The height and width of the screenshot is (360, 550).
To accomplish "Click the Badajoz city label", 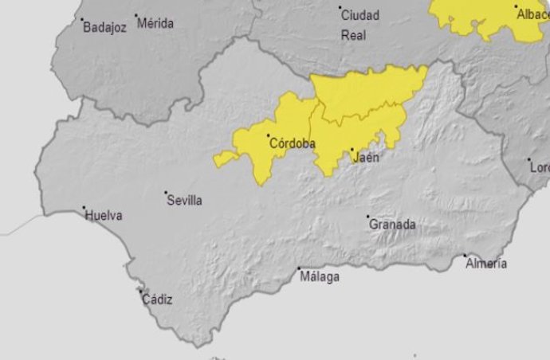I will click(105, 27).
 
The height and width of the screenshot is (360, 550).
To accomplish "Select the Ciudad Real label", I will click(360, 25).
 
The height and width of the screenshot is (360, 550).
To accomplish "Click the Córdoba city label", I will click(293, 144).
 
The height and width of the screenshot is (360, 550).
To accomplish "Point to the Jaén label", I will click(366, 158).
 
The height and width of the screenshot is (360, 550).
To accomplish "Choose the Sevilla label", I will click(184, 201).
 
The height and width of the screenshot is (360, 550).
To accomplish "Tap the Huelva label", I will click(104, 215).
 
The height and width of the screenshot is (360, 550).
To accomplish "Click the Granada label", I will click(392, 225).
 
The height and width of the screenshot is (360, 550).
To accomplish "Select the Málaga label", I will click(320, 277).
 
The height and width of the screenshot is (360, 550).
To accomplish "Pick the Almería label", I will click(486, 264).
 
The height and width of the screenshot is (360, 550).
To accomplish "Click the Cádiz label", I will click(156, 300).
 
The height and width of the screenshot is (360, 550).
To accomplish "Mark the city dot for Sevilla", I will click(166, 193).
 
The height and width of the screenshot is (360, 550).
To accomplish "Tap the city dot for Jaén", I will click(352, 149).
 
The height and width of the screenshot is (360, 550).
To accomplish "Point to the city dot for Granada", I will click(367, 217).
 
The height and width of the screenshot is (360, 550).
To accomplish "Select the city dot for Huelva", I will click(84, 209).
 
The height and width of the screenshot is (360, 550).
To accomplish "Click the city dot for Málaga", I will click(299, 268).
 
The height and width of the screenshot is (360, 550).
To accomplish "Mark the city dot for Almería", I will click(466, 256).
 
